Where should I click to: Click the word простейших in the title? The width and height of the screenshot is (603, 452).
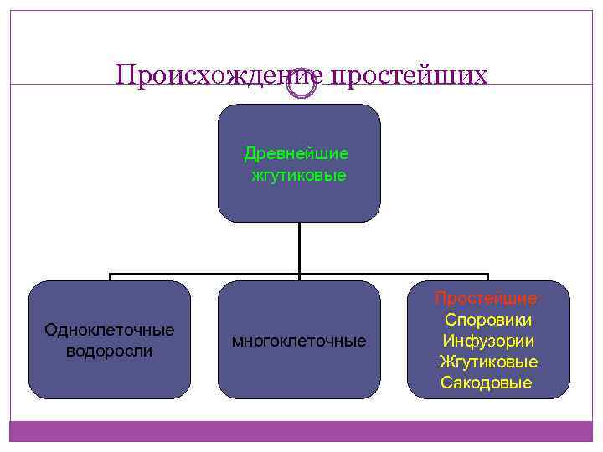410,75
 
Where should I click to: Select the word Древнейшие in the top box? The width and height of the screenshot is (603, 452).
296,154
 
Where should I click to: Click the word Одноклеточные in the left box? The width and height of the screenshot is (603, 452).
110,330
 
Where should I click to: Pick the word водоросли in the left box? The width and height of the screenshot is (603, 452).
110,351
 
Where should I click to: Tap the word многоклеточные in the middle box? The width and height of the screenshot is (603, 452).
299,342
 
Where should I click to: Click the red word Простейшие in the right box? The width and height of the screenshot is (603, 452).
488,300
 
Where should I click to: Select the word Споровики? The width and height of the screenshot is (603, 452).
488,321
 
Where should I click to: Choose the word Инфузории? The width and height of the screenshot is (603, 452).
488,342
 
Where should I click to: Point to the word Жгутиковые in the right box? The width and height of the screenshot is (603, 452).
488,362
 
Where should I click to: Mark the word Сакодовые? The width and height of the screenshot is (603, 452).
487,383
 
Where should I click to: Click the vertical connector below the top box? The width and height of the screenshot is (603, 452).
299,247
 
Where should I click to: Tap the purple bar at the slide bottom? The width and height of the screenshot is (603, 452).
301,430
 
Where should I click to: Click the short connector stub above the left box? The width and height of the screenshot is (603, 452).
110,277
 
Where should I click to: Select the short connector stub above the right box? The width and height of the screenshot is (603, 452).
488,277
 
